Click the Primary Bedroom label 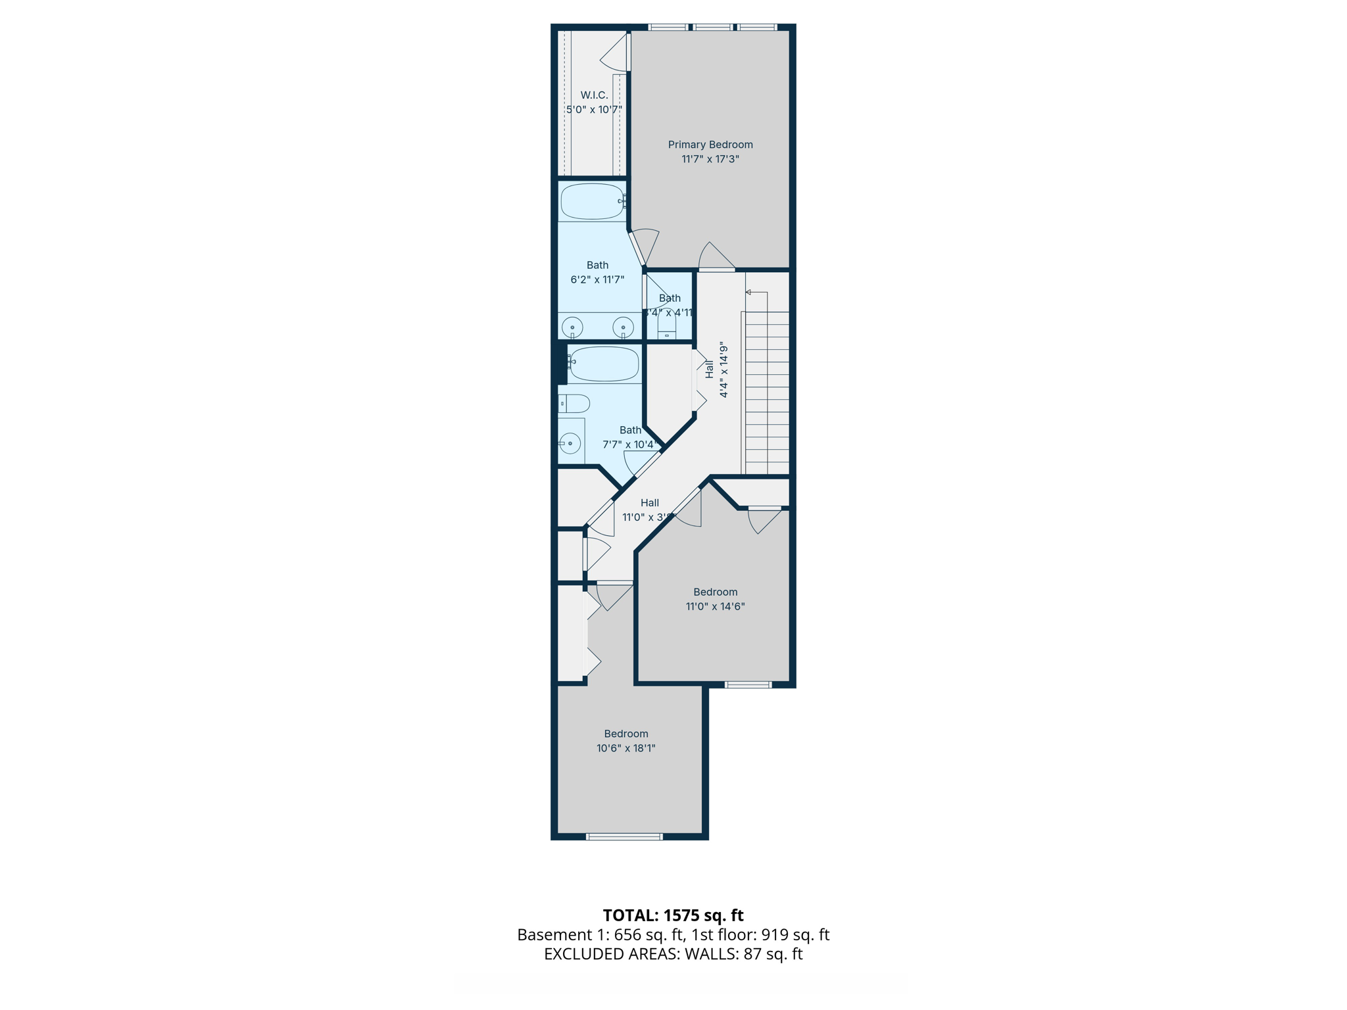click(710, 145)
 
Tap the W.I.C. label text click(594, 95)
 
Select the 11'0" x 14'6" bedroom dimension click(715, 606)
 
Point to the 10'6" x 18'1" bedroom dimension click(625, 748)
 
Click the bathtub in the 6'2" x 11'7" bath click(592, 201)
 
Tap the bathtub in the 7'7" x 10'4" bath click(604, 364)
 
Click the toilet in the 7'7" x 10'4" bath click(575, 403)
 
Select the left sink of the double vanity click(572, 327)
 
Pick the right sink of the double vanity click(623, 326)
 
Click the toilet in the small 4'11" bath click(667, 325)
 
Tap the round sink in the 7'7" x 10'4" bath click(570, 443)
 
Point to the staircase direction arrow click(749, 292)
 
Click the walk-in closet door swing click(616, 54)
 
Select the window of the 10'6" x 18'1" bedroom click(624, 836)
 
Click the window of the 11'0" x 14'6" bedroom click(748, 685)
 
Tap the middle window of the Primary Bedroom click(712, 27)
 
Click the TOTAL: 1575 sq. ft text click(673, 915)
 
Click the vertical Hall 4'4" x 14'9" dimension click(723, 370)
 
